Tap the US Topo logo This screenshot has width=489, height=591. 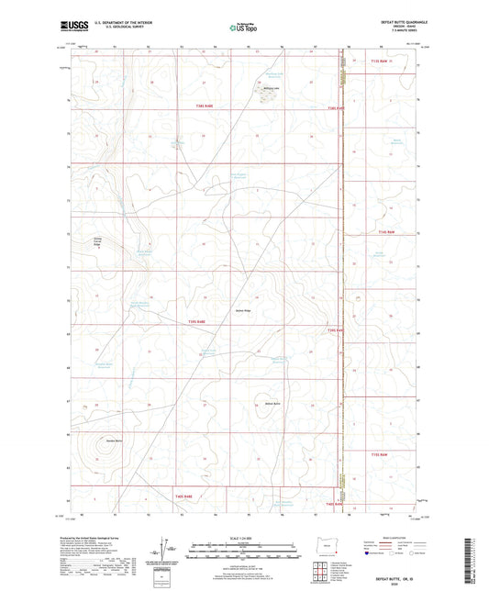coord(244,28)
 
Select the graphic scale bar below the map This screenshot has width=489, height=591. coord(244,554)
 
